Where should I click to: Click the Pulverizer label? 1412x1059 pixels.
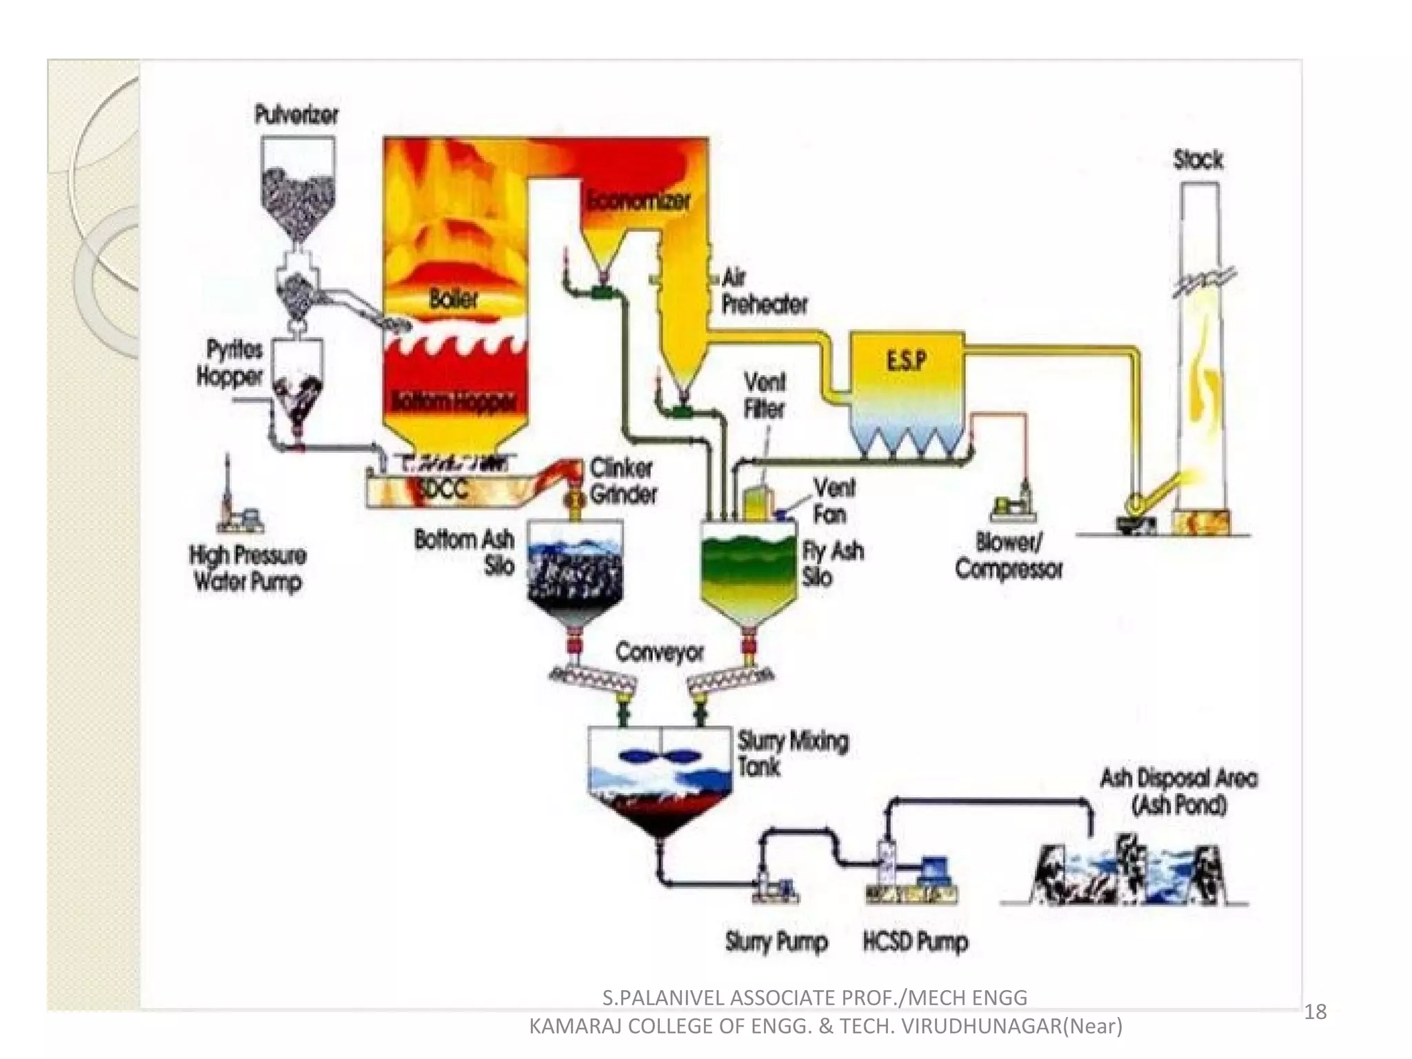point(296,114)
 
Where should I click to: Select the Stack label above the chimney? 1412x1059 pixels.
point(1198,160)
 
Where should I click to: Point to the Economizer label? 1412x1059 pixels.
point(638,201)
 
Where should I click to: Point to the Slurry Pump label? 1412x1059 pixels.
point(776,942)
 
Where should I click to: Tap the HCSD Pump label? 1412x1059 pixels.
point(916,942)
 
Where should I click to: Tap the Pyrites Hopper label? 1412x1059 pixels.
point(230,363)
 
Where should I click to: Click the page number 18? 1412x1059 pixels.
point(1315,1011)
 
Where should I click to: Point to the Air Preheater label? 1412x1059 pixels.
point(764,291)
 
